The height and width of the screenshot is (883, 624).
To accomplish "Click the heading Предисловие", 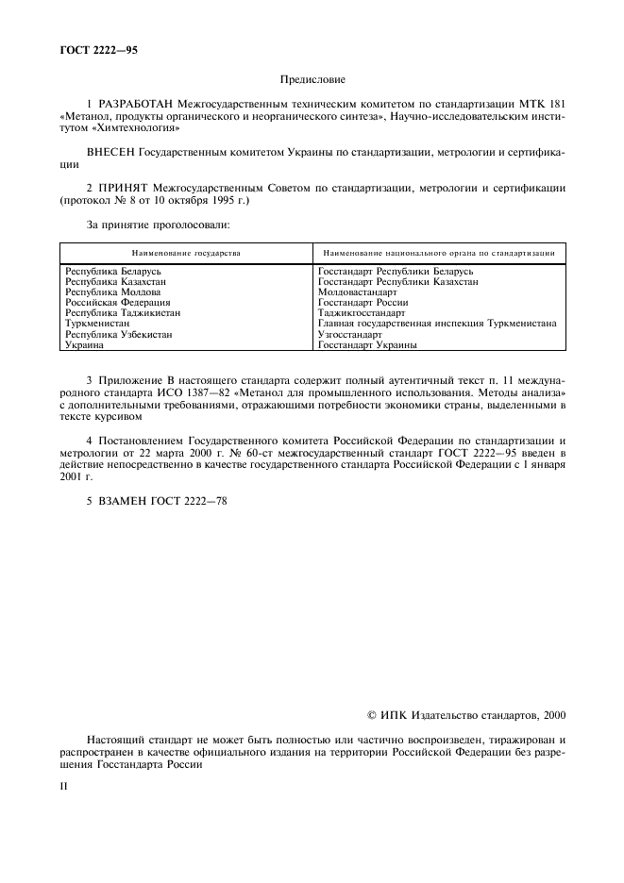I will (312, 82).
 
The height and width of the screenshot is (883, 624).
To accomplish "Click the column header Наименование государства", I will (186, 253).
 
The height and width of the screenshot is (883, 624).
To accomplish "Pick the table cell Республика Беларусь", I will (111, 272).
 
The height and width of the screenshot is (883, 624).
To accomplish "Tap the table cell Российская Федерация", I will (117, 303).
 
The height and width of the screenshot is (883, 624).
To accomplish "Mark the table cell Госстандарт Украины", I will (367, 344).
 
